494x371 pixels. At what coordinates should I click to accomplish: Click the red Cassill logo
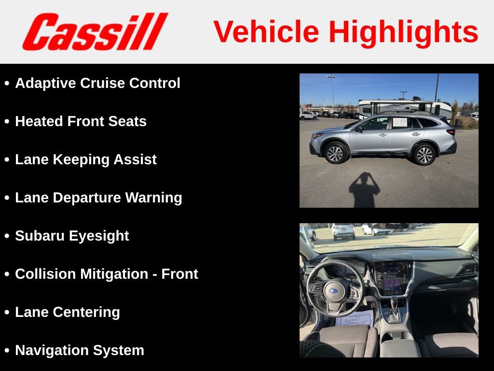click(95, 32)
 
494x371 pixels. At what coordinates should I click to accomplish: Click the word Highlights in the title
click(403, 32)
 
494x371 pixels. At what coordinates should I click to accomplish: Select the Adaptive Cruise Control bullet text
click(97, 83)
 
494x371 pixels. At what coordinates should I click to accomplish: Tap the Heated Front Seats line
click(81, 121)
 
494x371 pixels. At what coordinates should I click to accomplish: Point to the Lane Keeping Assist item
click(86, 159)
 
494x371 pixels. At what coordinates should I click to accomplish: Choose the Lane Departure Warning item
click(98, 198)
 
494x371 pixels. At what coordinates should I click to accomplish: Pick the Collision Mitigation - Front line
click(107, 274)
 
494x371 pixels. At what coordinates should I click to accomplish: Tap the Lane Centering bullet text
click(68, 312)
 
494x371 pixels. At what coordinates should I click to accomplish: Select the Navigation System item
click(80, 350)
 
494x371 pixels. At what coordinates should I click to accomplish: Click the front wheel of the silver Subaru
click(335, 153)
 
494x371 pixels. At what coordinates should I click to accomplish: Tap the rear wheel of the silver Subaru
click(424, 154)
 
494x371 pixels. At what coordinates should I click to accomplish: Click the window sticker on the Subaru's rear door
click(400, 122)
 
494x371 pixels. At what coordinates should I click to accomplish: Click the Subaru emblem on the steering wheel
click(334, 291)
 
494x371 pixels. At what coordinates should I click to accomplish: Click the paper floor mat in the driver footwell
click(355, 319)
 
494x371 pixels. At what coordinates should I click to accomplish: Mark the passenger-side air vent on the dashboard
click(466, 270)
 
